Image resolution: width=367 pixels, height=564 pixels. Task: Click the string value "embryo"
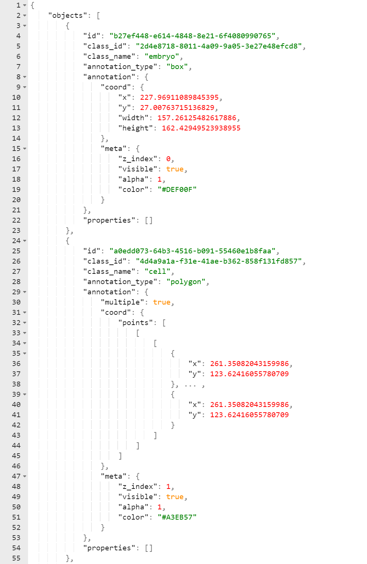click(x=162, y=57)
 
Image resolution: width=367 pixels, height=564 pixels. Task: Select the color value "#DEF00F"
click(x=177, y=190)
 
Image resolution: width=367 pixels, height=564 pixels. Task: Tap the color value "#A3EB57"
click(x=177, y=517)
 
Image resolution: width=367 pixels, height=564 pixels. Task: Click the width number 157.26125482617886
click(x=197, y=118)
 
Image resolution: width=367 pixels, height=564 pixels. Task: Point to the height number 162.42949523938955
click(x=201, y=128)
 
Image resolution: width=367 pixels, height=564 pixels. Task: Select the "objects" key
click(x=67, y=16)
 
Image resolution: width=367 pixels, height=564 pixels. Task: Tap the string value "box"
click(x=177, y=67)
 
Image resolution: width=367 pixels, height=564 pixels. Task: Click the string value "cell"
click(x=157, y=272)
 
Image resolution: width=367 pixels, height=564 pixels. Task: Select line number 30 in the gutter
click(x=16, y=302)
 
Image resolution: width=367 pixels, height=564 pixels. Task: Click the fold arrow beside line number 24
click(x=25, y=241)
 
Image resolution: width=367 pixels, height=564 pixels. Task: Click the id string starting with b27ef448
click(x=192, y=36)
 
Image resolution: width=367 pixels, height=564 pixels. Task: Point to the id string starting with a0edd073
click(x=192, y=251)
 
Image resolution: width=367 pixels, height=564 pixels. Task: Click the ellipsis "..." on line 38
click(x=190, y=385)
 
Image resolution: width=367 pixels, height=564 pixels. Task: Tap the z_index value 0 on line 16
click(x=168, y=159)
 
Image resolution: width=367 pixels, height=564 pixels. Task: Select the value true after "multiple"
click(x=162, y=302)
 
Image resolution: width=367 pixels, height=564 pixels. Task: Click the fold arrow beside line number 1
click(x=25, y=5)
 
